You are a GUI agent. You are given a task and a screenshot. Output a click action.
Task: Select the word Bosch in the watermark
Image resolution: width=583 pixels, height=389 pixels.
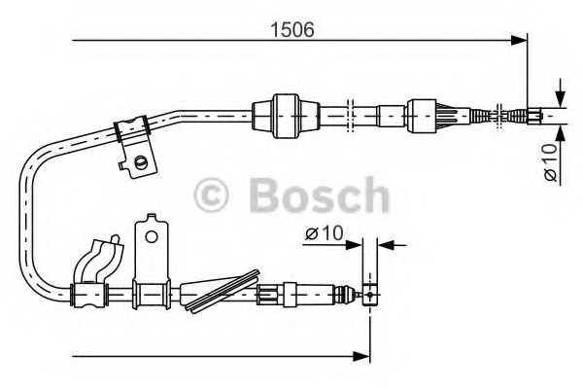[318, 195]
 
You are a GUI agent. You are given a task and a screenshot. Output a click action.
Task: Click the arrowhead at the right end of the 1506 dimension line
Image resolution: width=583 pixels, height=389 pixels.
[519, 41]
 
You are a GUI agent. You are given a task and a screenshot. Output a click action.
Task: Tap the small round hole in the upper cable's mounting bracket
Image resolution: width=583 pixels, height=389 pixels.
[142, 161]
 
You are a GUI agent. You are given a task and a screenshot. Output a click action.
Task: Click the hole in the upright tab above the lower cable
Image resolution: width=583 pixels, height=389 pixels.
[150, 233]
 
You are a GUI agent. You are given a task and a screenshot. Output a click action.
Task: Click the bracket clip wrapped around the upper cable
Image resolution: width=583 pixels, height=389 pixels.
[130, 132]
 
